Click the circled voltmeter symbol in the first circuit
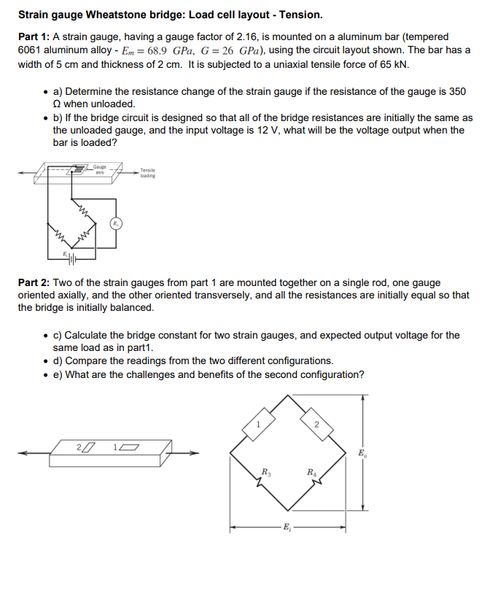click(x=116, y=223)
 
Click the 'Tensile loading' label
click(x=147, y=173)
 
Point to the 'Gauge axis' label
click(x=98, y=169)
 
